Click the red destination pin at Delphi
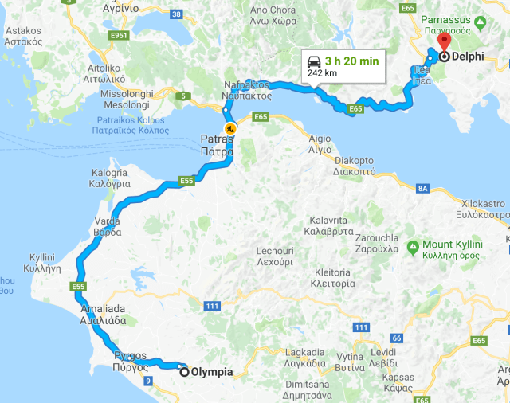coord(444,42)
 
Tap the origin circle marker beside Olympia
coord(185,371)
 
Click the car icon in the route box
coord(314,61)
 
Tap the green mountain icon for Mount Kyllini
coord(413,245)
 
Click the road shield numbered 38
coord(176,14)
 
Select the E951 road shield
coord(120,36)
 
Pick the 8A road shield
coord(423,188)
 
